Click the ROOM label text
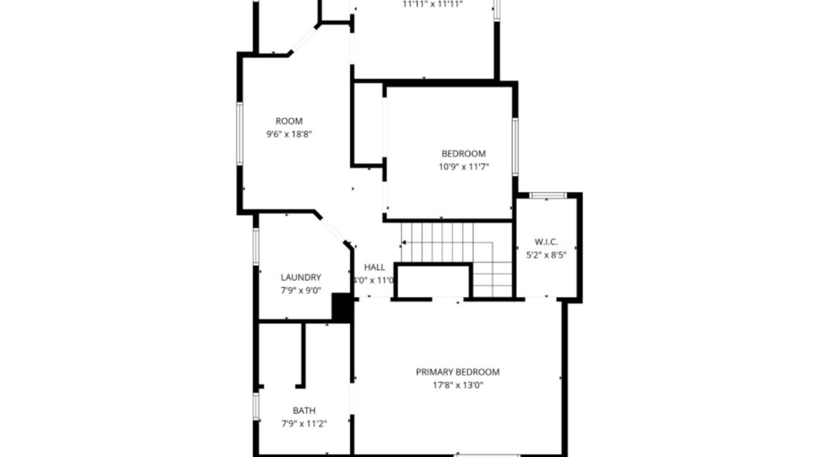(288, 121)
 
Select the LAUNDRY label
(301, 277)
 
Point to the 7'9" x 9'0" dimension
(301, 290)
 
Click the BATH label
(304, 411)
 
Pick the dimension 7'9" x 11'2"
(304, 423)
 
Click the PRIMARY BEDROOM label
(458, 372)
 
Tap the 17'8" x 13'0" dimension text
(458, 385)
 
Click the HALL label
(374, 267)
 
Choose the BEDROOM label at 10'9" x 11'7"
(463, 153)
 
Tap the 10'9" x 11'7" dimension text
(463, 167)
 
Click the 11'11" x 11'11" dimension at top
(433, 4)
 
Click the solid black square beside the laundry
(342, 307)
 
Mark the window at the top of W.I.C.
(548, 195)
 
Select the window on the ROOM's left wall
(240, 132)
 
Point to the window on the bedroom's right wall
(515, 147)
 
